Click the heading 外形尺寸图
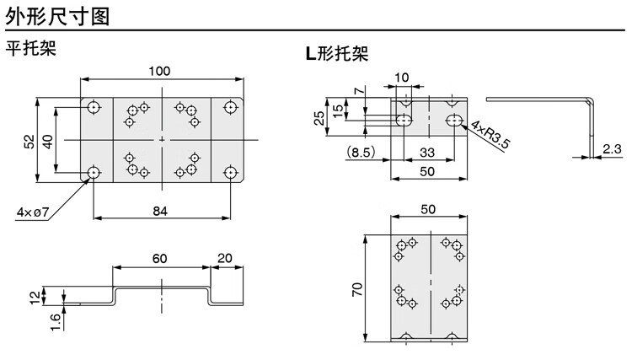pos(57,17)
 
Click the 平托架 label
pos(30,48)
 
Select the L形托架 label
pos(337,53)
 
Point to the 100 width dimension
pos(159,72)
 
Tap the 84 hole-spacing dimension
pos(160,212)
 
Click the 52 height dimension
pos(29,142)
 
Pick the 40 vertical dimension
pos(47,142)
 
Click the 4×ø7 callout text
pos(33,212)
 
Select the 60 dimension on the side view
pos(159,258)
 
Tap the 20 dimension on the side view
pos(225,258)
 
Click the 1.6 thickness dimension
pos(56,322)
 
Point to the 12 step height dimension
pos(35,297)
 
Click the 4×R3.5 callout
pos(490,135)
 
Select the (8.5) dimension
pos(361,152)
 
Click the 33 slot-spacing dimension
pos(427,153)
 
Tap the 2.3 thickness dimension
pos(613,148)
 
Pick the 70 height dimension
pos(357,289)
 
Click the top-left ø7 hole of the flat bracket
pos(94,108)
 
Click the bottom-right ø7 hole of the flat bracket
pos(230,173)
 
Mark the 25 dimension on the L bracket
pos(319,118)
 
